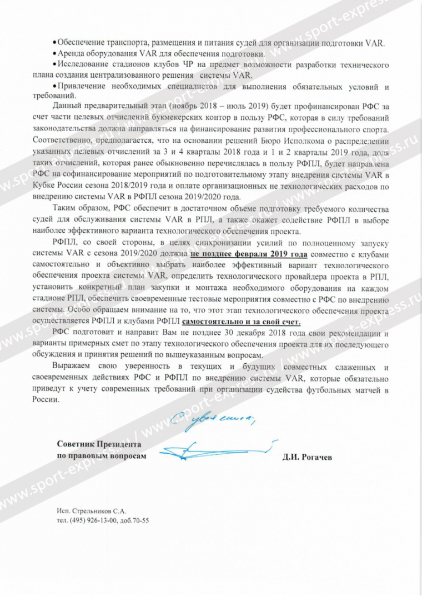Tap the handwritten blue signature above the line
click(x=217, y=448)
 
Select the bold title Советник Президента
click(x=99, y=445)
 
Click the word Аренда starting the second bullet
click(x=71, y=54)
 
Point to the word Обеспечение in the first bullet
click(x=81, y=43)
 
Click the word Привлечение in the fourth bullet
click(x=82, y=87)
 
